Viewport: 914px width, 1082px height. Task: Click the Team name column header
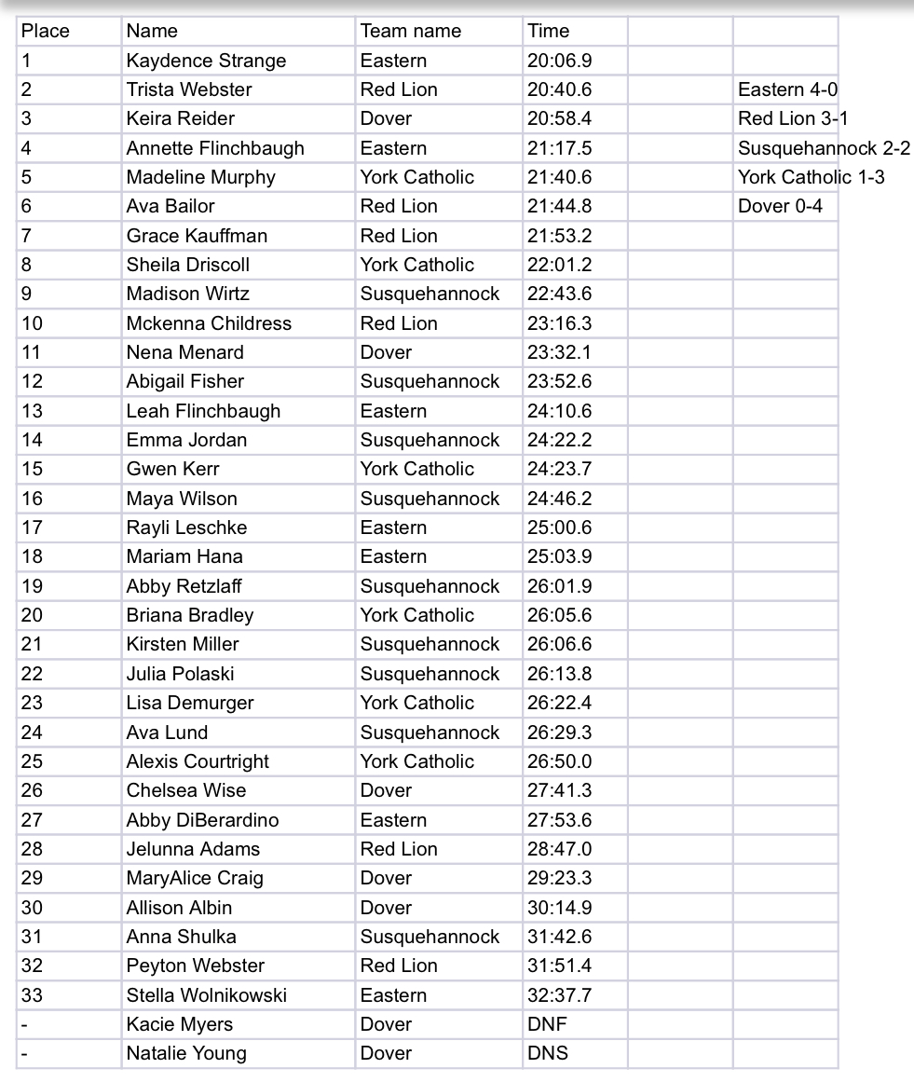411,31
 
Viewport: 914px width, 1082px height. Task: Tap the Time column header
548,31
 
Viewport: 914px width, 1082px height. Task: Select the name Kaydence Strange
206,61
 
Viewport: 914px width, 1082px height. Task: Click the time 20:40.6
559,89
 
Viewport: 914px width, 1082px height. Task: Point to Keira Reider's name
181,118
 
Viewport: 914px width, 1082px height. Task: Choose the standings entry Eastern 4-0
787,89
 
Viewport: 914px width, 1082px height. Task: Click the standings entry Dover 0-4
780,206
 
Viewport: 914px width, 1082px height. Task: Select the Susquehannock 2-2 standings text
824,148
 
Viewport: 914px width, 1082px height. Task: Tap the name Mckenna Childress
209,323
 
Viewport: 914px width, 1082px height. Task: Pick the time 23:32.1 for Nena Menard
559,352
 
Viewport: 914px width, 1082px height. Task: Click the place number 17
33,527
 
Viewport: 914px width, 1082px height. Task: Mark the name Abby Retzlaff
184,586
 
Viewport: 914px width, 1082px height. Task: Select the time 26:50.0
559,761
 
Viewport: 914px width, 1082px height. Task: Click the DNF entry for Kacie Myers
547,1024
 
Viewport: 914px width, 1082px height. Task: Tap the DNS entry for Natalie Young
547,1053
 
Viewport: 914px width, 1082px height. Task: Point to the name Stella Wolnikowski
207,995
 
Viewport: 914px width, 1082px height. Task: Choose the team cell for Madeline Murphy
417,177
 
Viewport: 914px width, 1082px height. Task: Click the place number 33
33,995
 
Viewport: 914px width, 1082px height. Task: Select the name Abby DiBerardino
202,820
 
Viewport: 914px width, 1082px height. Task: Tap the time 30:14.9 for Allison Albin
559,908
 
